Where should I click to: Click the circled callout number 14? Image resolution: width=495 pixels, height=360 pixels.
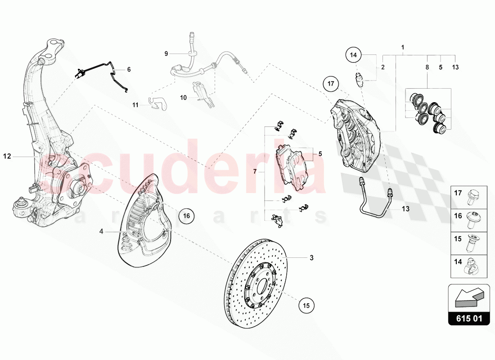click(x=353, y=55)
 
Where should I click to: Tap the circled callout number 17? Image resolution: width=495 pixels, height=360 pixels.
click(x=331, y=83)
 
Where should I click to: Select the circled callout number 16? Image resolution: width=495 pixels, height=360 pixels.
click(x=187, y=216)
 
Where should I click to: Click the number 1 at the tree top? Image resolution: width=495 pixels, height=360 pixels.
click(x=403, y=47)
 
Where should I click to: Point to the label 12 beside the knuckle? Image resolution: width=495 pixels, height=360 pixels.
click(x=7, y=156)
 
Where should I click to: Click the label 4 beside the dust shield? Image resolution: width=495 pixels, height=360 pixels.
click(x=101, y=231)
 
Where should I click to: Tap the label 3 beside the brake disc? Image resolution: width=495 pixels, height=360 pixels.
click(x=311, y=258)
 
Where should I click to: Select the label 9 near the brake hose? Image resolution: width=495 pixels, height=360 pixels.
click(x=166, y=54)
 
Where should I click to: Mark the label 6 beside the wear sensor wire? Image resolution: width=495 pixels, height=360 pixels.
click(x=129, y=69)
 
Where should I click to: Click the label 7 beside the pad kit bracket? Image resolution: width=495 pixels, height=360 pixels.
click(x=255, y=171)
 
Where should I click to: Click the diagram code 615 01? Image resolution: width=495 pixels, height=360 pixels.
click(x=470, y=319)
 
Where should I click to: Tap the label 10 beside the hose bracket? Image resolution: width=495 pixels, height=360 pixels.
click(x=183, y=97)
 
